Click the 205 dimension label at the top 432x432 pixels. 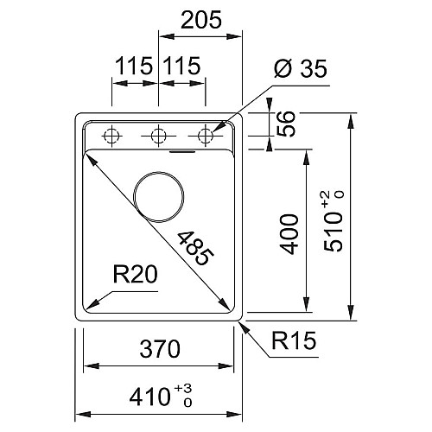point(201,20)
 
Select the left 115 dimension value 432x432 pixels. point(134,66)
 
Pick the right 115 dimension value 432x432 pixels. point(181,66)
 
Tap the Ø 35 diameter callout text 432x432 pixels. point(301,68)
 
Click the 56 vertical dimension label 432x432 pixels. point(286,124)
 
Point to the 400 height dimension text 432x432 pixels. point(289,234)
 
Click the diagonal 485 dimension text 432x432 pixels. point(196,248)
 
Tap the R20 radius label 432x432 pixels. point(135,274)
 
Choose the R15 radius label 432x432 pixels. point(294,340)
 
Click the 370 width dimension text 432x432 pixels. point(160,349)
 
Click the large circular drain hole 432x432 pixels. point(158,172)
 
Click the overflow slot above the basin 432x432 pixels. point(182,151)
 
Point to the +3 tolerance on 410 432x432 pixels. point(183,389)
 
